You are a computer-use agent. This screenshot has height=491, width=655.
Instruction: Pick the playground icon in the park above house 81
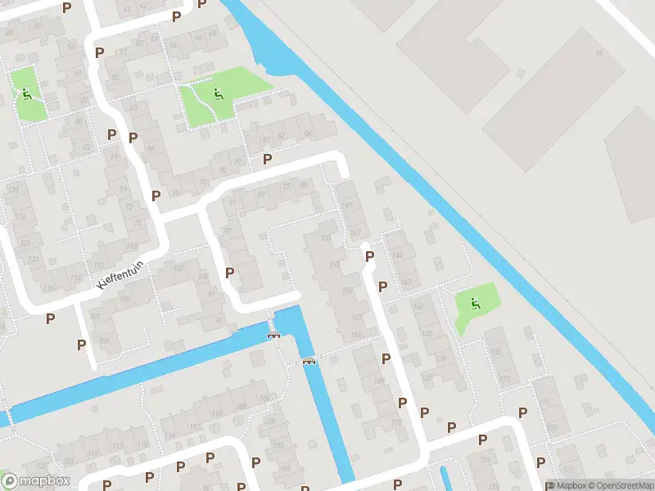217,94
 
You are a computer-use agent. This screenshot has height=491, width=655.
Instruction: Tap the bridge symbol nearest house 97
273,333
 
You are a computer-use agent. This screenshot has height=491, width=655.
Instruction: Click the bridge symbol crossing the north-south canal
309,361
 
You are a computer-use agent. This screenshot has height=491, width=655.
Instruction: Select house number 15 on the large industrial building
599,54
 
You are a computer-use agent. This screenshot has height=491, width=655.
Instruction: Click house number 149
346,205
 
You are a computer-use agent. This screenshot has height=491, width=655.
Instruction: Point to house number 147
356,232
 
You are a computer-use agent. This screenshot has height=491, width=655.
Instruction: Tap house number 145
399,255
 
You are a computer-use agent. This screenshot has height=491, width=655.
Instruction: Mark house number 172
396,423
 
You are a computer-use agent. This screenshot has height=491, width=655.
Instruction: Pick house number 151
327,238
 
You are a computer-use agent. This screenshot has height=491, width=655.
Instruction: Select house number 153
334,264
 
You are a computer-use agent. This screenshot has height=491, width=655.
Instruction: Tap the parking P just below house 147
369,256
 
